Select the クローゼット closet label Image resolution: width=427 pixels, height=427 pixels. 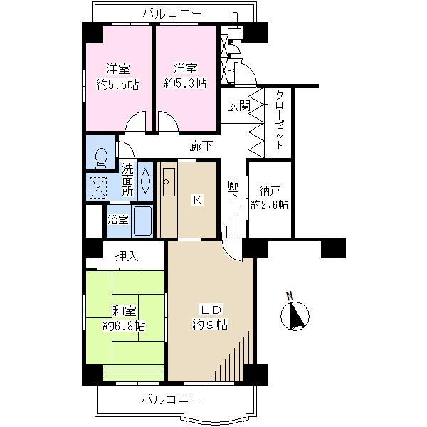tap(280, 118)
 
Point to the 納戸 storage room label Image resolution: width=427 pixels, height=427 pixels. tap(268, 190)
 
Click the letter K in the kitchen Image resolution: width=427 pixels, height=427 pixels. tap(198, 200)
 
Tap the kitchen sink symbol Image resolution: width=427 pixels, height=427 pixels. tap(167, 185)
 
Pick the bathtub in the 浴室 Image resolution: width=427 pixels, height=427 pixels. tap(142, 221)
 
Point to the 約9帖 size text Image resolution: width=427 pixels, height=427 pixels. tap(210, 325)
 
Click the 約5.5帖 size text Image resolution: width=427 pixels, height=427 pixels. tap(118, 83)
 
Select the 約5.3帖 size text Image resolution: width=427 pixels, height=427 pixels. tap(185, 83)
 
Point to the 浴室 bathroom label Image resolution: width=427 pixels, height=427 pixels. tap(118, 220)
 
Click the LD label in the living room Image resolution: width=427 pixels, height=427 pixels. tap(211, 310)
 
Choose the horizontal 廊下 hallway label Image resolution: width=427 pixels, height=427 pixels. tap(201, 146)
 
